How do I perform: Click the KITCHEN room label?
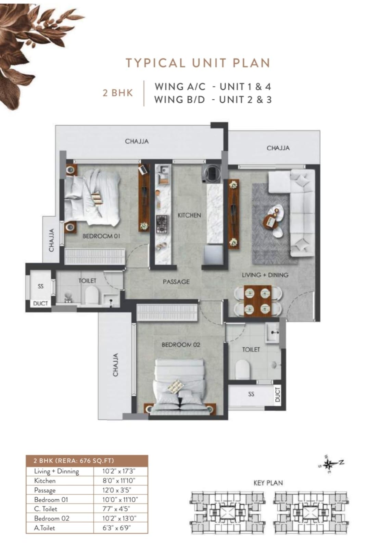pyautogui.click(x=189, y=215)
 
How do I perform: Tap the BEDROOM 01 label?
pyautogui.click(x=101, y=236)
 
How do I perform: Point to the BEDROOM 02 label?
pyautogui.click(x=181, y=345)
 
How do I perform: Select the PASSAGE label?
pyautogui.click(x=176, y=282)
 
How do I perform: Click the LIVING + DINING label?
pyautogui.click(x=265, y=275)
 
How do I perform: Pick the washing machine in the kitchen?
pyautogui.click(x=212, y=173)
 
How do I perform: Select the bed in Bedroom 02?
pyautogui.click(x=180, y=387)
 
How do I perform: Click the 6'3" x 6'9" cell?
pyautogui.click(x=116, y=528)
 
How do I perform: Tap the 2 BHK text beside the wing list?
pyautogui.click(x=118, y=93)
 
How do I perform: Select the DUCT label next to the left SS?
pyautogui.click(x=40, y=303)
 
